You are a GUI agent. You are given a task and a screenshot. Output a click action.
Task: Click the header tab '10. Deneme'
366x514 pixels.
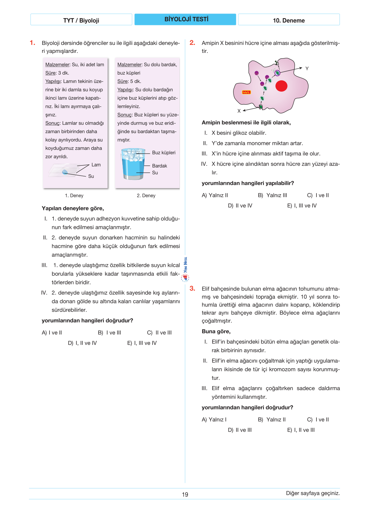coord(289,20)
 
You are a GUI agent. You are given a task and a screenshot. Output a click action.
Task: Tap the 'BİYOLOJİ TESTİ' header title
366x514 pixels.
coord(186,19)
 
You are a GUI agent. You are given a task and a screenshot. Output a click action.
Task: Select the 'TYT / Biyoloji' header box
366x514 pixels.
coord(81,20)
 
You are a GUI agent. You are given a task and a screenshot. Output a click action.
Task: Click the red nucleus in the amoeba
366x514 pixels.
coord(281,86)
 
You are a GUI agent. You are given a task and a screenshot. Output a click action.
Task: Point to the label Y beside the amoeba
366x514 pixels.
coord(307,69)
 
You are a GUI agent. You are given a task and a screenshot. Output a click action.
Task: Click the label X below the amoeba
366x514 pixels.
coord(239,111)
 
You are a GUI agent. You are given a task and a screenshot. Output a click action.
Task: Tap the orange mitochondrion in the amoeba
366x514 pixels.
coord(246,92)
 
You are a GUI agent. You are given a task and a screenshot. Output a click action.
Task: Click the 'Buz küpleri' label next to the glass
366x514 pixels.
coord(164,152)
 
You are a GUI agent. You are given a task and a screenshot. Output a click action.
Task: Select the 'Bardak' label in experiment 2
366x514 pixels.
coord(159,166)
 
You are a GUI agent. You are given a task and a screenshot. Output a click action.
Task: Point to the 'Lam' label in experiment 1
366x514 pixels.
coord(96,165)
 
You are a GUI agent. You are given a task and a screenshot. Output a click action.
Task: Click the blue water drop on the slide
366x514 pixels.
coord(65,172)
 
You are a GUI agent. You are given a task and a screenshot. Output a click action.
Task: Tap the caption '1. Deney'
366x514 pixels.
coord(74,196)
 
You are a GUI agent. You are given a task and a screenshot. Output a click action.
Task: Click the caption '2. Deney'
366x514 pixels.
coord(146,196)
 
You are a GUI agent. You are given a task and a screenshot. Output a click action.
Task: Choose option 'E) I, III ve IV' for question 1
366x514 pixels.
coord(142,343)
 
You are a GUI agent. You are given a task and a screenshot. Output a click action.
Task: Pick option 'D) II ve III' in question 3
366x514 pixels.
coord(240,430)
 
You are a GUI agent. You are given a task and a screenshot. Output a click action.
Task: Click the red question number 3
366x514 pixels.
coord(192,288)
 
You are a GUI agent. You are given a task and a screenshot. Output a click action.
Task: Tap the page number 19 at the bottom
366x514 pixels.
coord(185,494)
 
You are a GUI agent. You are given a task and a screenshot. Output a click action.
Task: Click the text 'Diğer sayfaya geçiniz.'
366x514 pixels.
coord(313,493)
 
